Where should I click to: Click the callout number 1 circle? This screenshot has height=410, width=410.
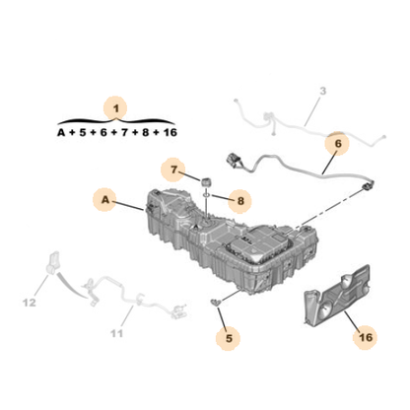point(115,108)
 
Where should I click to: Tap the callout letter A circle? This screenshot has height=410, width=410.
point(105,199)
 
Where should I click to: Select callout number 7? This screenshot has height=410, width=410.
point(173,170)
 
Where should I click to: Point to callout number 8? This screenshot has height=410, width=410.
point(240,201)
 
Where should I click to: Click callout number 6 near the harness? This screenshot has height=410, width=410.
point(338,144)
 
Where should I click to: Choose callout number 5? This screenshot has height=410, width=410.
point(229,338)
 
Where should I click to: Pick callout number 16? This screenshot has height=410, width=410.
point(366,337)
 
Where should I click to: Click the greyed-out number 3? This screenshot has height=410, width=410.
point(323,91)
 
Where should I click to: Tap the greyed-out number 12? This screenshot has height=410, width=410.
point(30,303)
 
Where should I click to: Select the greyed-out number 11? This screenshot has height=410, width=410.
point(116,333)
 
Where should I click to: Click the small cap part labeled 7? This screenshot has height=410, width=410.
point(206,181)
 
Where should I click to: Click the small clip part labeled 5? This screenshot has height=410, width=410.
point(216,302)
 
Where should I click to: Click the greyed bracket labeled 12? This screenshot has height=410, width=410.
point(53,262)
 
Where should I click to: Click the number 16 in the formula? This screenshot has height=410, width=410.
point(170,132)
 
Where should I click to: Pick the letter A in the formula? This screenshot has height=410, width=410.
point(61,132)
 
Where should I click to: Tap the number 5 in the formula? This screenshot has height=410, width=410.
point(83,132)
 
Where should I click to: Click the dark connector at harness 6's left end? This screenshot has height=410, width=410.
point(233,161)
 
